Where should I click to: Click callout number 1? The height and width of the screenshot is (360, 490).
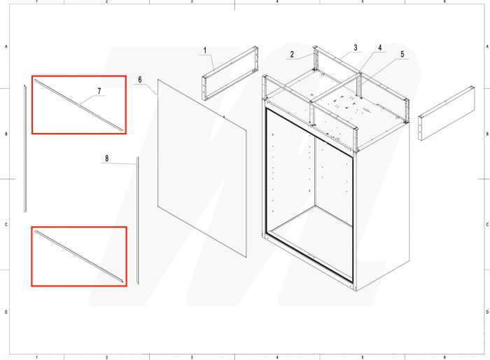coord(205,50)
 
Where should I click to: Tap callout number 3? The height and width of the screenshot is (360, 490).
coord(355,48)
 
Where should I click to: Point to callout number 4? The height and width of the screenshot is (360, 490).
coord(380,48)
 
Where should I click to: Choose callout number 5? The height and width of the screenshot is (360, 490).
coord(402,54)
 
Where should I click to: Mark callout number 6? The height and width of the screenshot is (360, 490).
coord(140,80)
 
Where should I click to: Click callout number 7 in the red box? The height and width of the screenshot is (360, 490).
coord(99,91)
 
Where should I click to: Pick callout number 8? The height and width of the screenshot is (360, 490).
coord(106,159)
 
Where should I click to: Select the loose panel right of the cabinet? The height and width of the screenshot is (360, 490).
coord(447,113)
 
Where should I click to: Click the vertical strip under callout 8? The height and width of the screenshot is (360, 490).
coord(138,220)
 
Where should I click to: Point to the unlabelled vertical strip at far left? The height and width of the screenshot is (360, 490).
coord(24,147)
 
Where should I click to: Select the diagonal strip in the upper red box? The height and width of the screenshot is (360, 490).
coord(80,105)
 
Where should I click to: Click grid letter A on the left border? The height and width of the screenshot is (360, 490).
coord(6,46)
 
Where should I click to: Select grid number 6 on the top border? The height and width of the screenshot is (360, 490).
coord(445,2)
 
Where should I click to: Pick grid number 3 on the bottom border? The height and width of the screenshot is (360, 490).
coord(192,356)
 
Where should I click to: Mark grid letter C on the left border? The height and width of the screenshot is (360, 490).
coord(6,225)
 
